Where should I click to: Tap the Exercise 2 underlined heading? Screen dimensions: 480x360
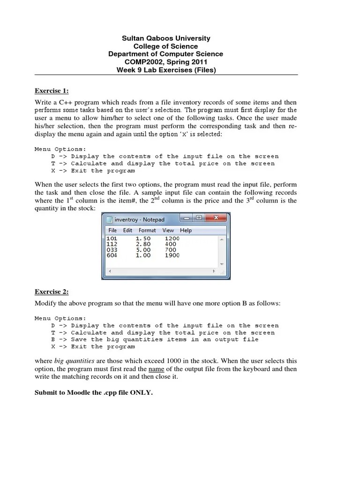pos(52,292)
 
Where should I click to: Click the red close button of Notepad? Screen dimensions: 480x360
pos(216,218)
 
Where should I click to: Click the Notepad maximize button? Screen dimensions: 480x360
pos(199,218)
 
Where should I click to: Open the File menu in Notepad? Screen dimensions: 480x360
pos(112,230)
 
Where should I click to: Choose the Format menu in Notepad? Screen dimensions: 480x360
pos(147,230)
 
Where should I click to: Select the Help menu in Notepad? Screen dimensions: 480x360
pos(186,230)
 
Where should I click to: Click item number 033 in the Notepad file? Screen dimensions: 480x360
pos(112,250)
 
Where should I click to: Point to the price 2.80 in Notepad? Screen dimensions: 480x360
pos(143,244)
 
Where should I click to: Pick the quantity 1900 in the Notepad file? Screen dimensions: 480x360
pos(172,255)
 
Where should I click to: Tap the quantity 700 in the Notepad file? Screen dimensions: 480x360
pos(170,250)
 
